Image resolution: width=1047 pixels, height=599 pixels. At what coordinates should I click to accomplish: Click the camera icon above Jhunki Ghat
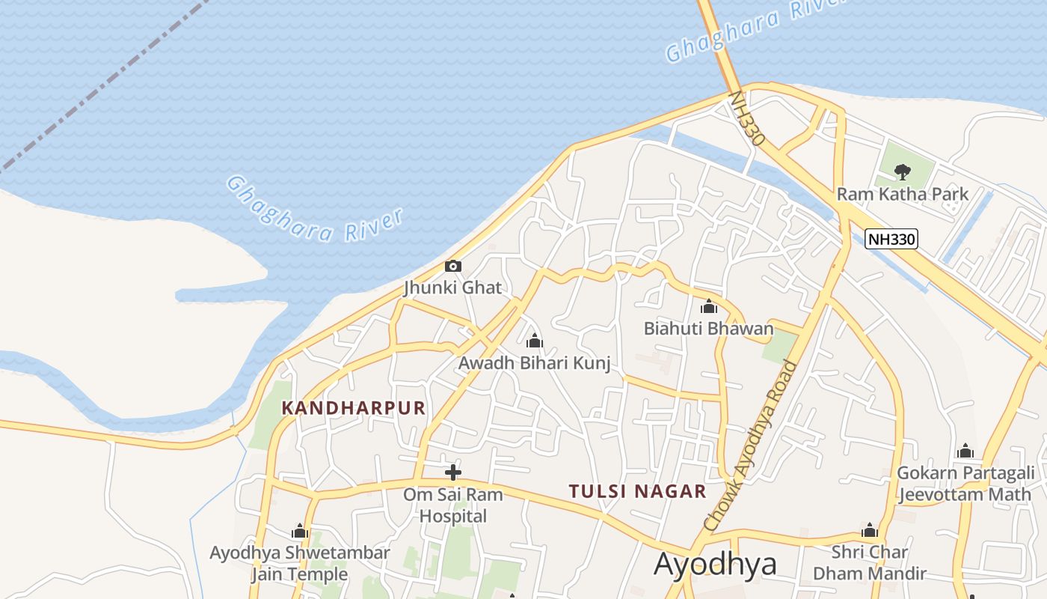(x=452, y=267)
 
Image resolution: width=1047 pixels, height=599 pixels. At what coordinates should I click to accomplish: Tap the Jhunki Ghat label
(x=452, y=288)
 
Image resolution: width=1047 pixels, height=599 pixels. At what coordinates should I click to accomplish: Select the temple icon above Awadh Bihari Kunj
(x=534, y=341)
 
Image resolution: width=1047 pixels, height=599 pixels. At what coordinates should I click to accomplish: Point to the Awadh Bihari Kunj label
(x=534, y=364)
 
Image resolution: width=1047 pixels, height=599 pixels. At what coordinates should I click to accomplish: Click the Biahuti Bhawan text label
(x=708, y=329)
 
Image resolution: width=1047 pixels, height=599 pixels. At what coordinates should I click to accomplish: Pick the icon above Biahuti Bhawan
(x=708, y=306)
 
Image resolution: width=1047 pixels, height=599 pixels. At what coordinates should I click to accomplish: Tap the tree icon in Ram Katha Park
(x=903, y=172)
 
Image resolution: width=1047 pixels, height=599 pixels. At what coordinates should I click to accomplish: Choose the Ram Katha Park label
(x=903, y=194)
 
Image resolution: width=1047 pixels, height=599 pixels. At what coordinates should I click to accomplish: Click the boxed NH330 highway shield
(x=891, y=239)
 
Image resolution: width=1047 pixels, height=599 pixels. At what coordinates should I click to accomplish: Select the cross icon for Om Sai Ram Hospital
(x=452, y=472)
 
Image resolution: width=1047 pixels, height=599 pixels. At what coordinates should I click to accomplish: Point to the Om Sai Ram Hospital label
(x=452, y=505)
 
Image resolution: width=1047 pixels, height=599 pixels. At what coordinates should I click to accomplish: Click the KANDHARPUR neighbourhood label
(x=353, y=408)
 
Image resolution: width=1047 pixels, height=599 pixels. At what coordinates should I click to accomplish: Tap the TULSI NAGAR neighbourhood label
(x=637, y=491)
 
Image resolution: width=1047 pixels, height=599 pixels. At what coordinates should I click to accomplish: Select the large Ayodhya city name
(x=715, y=565)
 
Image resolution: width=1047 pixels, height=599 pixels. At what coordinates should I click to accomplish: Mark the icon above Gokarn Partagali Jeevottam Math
(x=965, y=451)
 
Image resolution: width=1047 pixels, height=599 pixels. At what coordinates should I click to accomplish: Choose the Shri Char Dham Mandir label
(x=869, y=563)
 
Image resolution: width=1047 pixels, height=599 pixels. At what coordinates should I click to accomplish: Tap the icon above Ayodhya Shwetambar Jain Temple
(x=300, y=532)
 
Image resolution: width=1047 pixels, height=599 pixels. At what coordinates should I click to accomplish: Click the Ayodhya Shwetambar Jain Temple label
(x=300, y=564)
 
